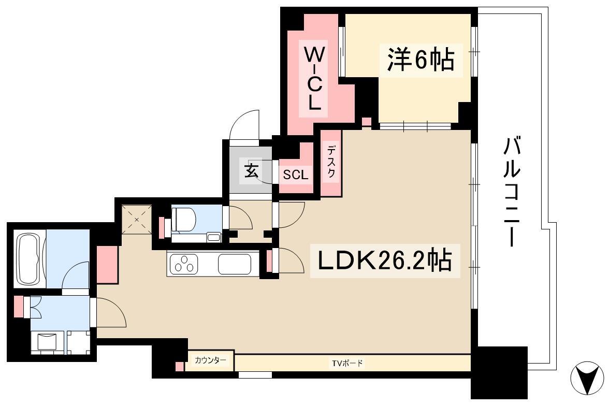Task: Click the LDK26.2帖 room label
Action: click(385, 260)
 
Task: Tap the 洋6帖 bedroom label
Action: click(421, 60)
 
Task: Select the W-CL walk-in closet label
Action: click(313, 78)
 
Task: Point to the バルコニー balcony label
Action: click(512, 192)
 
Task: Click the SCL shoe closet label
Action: click(296, 175)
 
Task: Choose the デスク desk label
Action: click(331, 162)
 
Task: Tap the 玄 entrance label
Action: click(251, 170)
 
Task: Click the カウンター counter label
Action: click(210, 360)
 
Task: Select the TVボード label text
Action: click(347, 363)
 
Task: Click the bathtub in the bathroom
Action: click(30, 259)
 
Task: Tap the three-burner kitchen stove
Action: click(183, 264)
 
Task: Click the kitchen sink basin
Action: click(234, 264)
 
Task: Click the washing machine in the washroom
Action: click(48, 342)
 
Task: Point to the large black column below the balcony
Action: click(499, 372)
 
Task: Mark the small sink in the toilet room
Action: click(213, 237)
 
